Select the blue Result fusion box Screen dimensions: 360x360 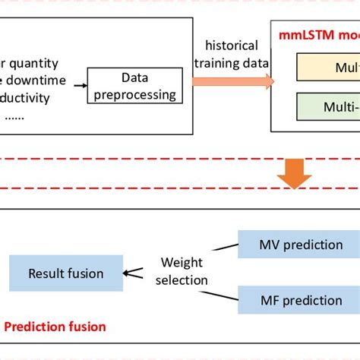pos(66,273)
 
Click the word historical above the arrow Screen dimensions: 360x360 pos(231,46)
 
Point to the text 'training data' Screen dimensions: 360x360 pos(231,63)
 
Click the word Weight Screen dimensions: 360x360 pos(182,263)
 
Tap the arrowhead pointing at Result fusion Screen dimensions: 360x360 pos(129,273)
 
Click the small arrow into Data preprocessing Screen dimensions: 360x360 pos(81,85)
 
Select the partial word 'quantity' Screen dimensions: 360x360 pos(35,65)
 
